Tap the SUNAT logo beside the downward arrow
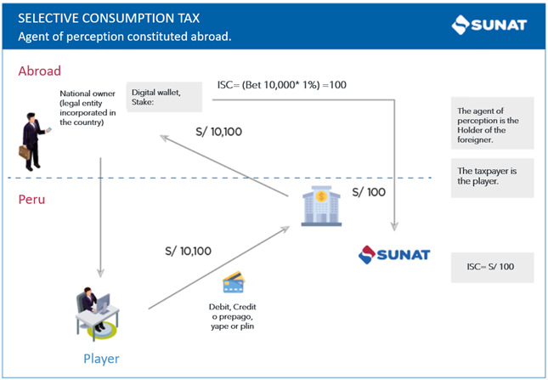point(393,253)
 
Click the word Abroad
point(40,71)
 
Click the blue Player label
point(101,358)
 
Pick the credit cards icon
point(234,283)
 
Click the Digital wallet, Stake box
point(165,97)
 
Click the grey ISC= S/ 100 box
point(493,267)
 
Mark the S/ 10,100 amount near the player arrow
point(188,251)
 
